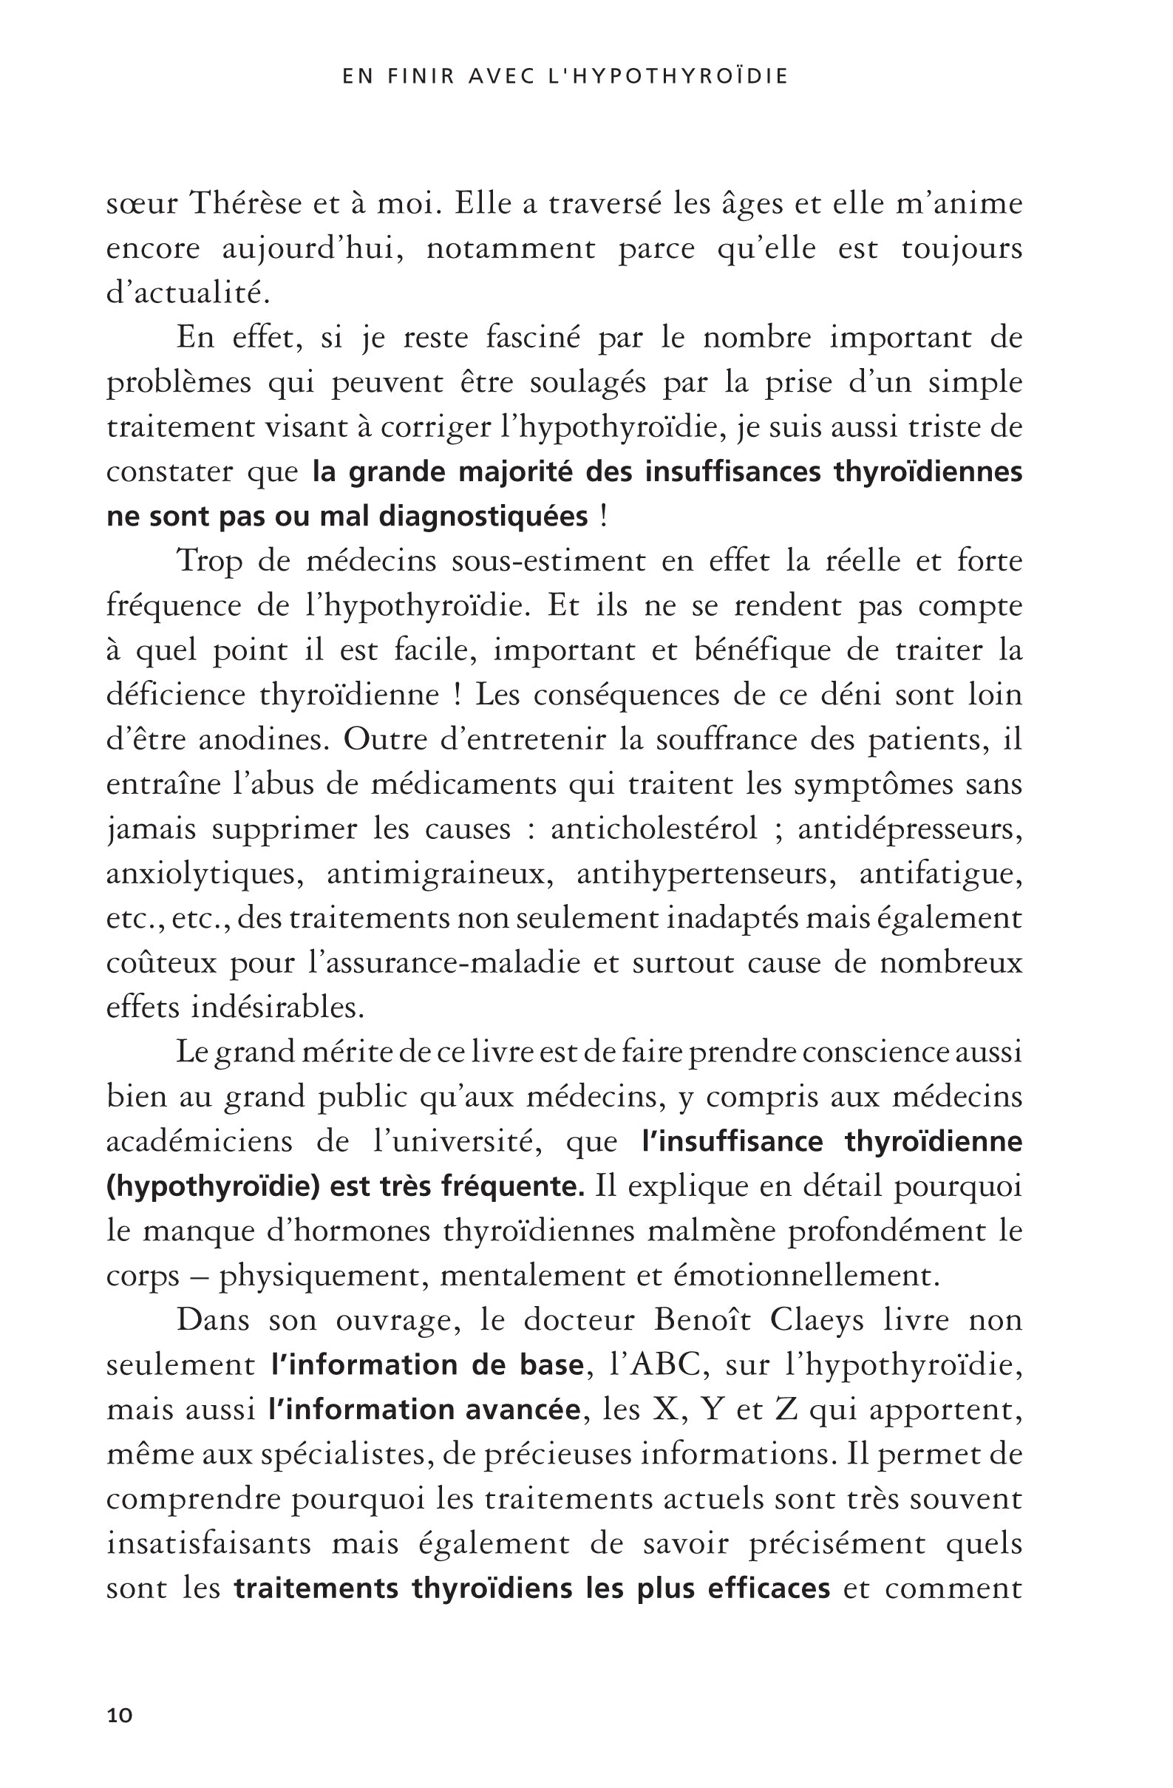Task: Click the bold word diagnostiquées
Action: pos(483,516)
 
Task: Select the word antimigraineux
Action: pos(436,874)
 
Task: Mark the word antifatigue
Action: pos(940,874)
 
